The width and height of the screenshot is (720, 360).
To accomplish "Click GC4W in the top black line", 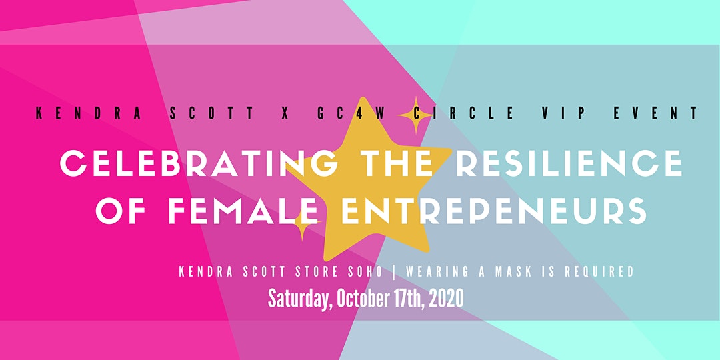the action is pos(351,113).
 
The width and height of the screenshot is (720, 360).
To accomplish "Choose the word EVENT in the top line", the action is pos(655,113).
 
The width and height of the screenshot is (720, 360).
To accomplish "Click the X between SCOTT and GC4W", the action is pos(285,113).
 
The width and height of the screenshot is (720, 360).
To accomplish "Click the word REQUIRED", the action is pos(599,272).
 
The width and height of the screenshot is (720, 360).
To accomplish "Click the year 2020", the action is pos(448,299).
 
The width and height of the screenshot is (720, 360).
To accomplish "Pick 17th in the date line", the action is pos(410,299).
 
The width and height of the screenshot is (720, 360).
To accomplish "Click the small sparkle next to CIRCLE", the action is pos(415,115).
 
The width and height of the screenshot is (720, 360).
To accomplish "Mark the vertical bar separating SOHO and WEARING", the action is pos(393,272).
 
